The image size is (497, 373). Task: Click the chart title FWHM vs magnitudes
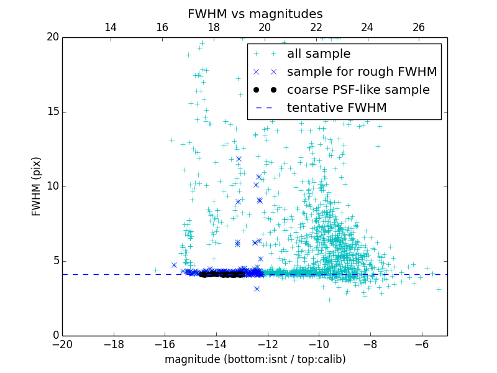tap(255, 14)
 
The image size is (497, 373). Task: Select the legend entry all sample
tap(318, 54)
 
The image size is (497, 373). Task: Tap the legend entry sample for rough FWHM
tap(362, 72)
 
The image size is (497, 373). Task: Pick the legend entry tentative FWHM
tap(336, 108)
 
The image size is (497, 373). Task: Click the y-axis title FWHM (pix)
tap(37, 186)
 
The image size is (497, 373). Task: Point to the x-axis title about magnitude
tap(255, 359)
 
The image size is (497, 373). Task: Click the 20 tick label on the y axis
tap(52, 37)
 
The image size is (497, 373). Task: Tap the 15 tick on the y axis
tap(52, 112)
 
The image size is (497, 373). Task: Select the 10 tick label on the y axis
tap(52, 186)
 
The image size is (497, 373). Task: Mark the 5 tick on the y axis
tap(55, 261)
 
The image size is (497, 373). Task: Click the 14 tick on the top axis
tap(111, 27)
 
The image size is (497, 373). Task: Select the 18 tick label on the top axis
tap(213, 27)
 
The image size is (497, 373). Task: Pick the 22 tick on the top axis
tap(316, 27)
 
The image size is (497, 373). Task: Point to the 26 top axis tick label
tap(419, 27)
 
